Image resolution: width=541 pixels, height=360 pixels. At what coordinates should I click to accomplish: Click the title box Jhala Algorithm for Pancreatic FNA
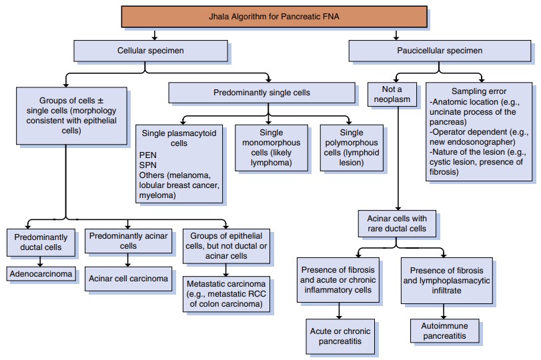(x=274, y=16)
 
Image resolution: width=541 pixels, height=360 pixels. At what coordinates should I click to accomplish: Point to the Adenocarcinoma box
(x=41, y=273)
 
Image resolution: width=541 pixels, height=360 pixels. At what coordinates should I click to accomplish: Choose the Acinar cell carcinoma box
(x=129, y=277)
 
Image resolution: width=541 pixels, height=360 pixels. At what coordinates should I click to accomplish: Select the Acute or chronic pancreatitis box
(x=340, y=335)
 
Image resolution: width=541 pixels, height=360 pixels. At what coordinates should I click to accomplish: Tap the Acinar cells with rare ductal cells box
(x=398, y=224)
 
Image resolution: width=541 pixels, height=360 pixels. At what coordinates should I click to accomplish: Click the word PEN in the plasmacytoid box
(x=149, y=155)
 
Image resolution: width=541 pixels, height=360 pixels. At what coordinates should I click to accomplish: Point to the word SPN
(x=149, y=165)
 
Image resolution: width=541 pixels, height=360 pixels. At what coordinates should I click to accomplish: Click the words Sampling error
(x=479, y=91)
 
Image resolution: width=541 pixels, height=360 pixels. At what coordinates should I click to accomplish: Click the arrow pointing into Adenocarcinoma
(x=41, y=262)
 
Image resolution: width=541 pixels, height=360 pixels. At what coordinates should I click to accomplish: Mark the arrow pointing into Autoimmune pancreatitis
(x=445, y=314)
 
